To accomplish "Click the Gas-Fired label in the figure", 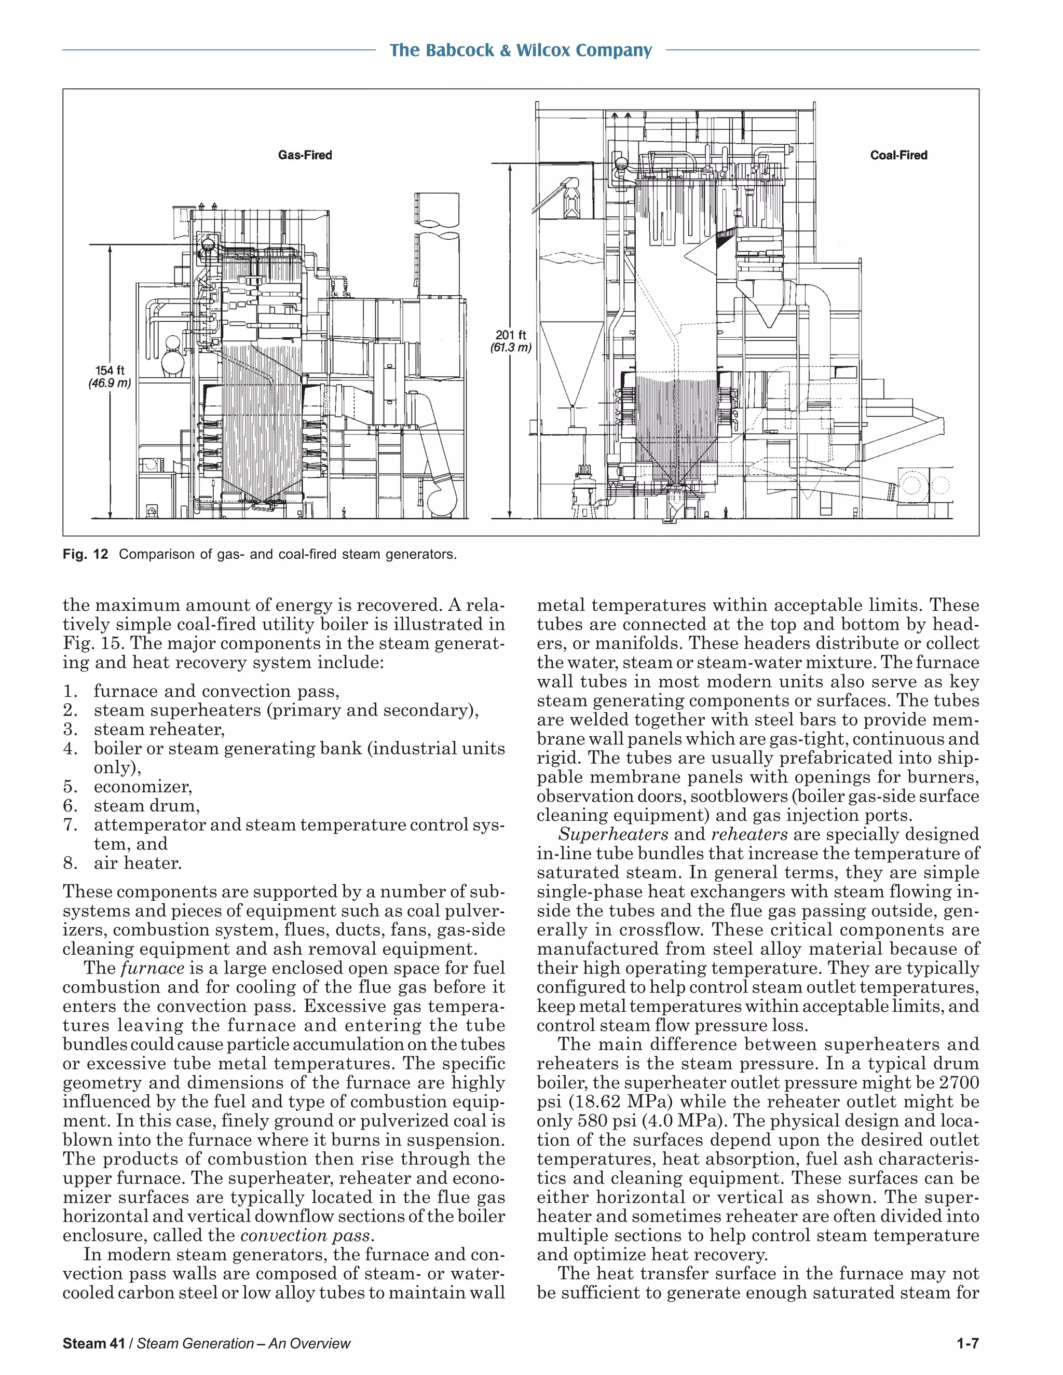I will [305, 155].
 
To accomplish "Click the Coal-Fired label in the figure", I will [898, 155].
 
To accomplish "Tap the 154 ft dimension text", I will [110, 371].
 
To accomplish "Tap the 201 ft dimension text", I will [510, 335].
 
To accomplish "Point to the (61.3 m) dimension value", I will [511, 348].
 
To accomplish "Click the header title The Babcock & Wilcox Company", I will [520, 50].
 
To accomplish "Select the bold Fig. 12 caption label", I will [86, 554].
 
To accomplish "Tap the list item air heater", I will [138, 863].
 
